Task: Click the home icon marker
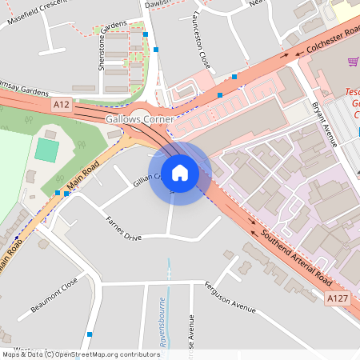(x=180, y=173)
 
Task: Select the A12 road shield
(x=61, y=105)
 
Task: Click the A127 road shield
(x=337, y=298)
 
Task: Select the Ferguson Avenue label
(x=229, y=298)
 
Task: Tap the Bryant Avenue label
(x=326, y=123)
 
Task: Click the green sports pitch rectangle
(x=46, y=150)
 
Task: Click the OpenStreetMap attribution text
(x=81, y=354)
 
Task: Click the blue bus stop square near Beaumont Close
(x=90, y=334)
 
